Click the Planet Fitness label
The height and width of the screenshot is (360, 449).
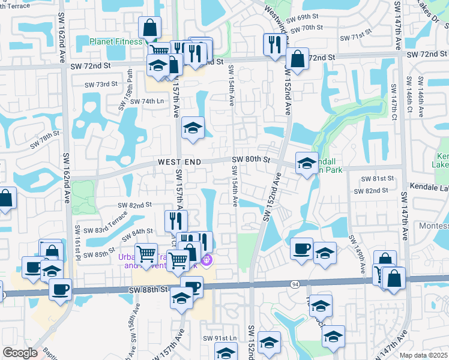click(x=116, y=41)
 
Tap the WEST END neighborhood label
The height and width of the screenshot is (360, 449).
click(x=179, y=162)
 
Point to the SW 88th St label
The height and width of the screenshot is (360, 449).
click(x=148, y=289)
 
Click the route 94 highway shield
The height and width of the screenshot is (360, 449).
click(x=295, y=283)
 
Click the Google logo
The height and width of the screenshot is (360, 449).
click(x=20, y=353)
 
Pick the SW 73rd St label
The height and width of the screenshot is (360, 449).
click(x=101, y=85)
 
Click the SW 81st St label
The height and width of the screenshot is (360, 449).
click(x=378, y=179)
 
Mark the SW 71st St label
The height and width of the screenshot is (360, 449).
click(x=366, y=36)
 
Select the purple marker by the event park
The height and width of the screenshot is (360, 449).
click(x=207, y=260)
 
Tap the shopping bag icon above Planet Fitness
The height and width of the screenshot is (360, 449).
click(x=149, y=27)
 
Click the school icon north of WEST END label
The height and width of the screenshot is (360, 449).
click(x=193, y=128)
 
